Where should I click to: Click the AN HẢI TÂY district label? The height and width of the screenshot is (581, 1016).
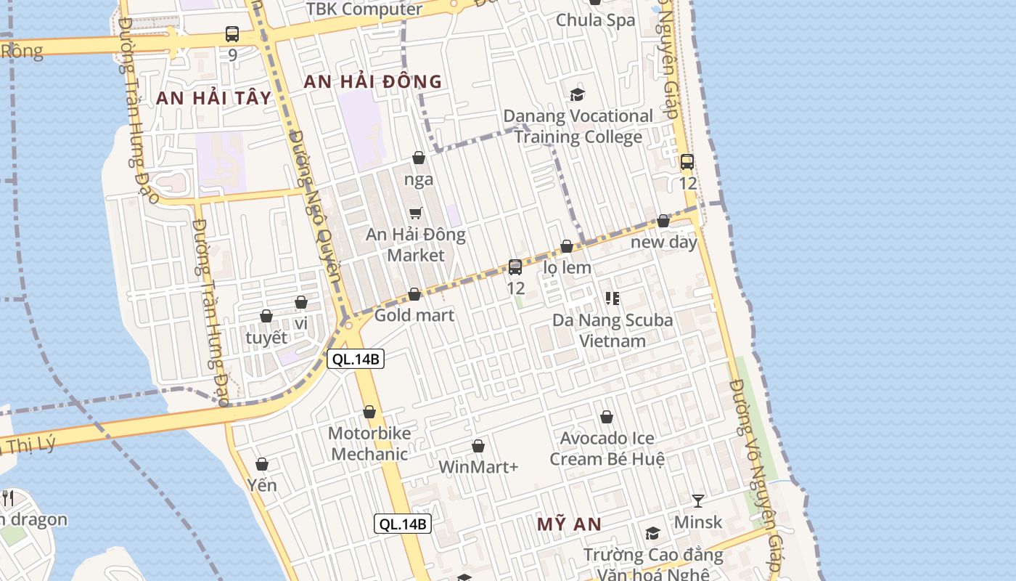213,98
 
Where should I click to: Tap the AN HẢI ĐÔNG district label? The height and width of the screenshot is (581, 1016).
372,81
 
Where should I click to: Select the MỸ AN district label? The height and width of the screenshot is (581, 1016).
570,524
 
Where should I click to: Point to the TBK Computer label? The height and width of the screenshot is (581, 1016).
364,9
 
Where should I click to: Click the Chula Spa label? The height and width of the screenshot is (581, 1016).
595,20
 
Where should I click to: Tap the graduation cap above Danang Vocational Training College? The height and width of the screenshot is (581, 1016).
578,94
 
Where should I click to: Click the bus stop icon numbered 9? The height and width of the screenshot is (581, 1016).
232,33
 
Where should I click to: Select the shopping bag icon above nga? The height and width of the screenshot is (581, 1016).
419,158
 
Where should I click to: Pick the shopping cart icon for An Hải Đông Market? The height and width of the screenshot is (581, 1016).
416,213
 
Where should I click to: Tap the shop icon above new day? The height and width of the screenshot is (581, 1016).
663,221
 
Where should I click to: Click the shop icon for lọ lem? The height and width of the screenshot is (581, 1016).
567,247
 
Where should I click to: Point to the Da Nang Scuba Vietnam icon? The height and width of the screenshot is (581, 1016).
612,298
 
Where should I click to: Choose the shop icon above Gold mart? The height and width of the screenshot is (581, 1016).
414,294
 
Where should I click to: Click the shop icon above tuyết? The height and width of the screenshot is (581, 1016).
266,316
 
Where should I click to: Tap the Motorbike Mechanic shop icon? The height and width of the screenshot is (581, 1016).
369,413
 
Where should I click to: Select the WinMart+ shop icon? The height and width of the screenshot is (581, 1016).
478,446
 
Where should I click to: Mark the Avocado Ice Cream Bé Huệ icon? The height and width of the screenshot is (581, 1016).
607,417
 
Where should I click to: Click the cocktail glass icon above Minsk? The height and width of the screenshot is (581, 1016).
698,500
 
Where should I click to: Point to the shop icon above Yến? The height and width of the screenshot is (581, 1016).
262,464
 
